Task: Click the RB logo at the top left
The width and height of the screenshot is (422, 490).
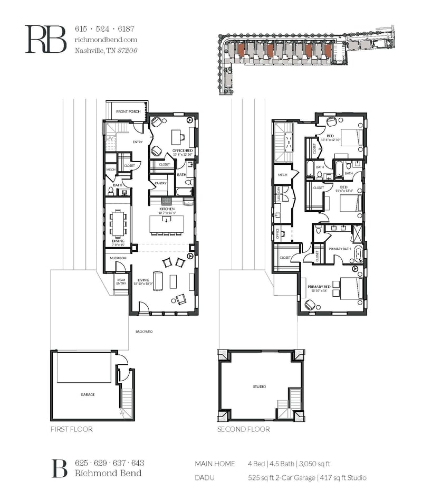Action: point(46,39)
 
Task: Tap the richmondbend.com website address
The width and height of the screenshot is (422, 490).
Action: point(106,40)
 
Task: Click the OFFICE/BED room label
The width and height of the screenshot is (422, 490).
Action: point(181,151)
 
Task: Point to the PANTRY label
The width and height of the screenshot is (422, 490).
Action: point(160,183)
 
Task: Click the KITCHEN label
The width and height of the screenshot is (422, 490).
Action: point(167,210)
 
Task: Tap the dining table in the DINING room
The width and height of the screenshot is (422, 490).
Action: point(118,223)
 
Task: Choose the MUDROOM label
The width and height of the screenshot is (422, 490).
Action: point(118,258)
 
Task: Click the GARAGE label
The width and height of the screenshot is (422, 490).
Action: point(88,394)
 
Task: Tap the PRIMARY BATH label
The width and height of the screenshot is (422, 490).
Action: point(339,248)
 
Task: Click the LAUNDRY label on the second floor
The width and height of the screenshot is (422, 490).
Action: point(276,196)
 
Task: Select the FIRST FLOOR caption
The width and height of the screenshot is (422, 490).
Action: point(71,429)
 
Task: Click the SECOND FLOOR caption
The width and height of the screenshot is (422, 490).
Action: point(243,429)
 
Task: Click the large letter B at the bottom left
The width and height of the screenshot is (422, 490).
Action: point(59,468)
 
